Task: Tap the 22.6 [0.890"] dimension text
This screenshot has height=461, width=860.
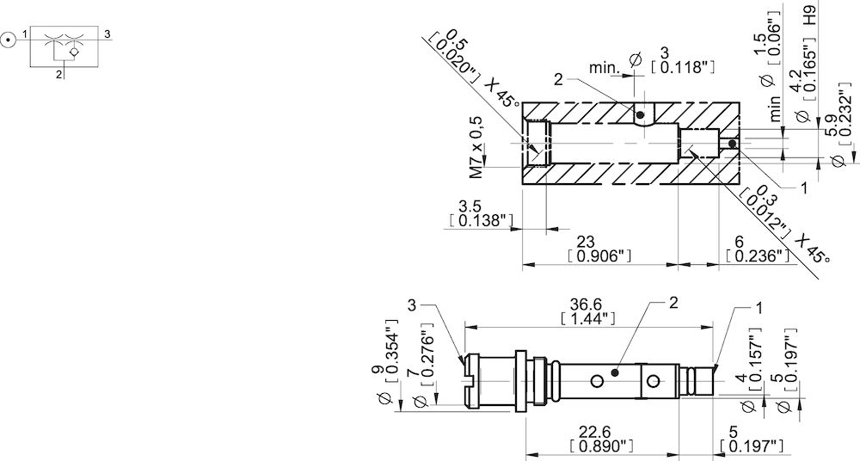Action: pos(601,439)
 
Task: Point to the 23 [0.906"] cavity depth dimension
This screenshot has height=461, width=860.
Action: pos(600,249)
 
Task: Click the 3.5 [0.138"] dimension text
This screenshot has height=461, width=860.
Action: pos(481,213)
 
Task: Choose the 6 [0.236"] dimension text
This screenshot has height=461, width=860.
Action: pos(757,249)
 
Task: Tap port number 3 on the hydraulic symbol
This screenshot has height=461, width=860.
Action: pos(107,34)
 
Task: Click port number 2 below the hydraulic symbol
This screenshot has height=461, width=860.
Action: pos(58,75)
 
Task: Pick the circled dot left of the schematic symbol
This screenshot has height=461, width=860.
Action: pos(8,38)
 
